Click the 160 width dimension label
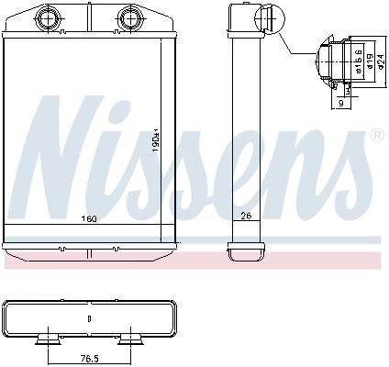click(89, 218)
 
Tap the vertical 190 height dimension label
click(156, 141)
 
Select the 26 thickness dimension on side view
click(246, 216)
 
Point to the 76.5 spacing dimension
click(89, 358)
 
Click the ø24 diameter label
click(380, 61)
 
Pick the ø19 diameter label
click(370, 61)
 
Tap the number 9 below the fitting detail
click(341, 104)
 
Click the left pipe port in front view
click(48, 18)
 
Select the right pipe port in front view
click(129, 18)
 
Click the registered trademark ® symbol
click(377, 136)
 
